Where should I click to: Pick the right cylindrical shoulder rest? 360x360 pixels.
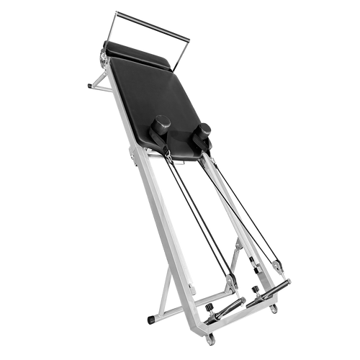206,130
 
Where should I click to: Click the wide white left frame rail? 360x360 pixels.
144,202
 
